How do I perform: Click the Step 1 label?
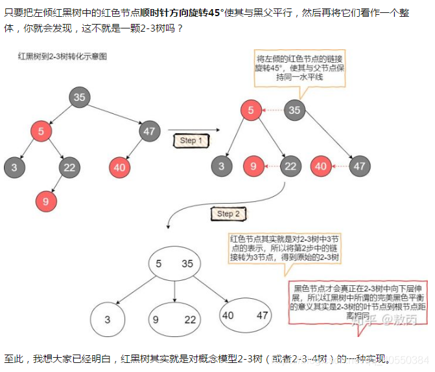[191, 140]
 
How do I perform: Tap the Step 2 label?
[229, 213]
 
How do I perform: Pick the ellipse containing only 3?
[108, 318]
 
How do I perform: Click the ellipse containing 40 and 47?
[244, 316]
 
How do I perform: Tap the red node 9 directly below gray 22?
[45, 201]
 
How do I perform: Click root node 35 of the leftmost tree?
[80, 98]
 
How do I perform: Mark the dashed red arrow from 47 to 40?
[339, 166]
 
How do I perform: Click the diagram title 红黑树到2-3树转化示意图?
[62, 57]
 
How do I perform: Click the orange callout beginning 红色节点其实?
[285, 248]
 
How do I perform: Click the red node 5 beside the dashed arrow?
[250, 110]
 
